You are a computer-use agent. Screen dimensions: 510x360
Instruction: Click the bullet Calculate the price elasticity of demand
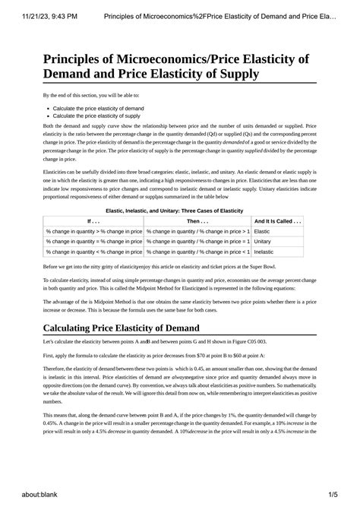click(x=98, y=109)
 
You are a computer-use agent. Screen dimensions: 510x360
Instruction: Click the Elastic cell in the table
click(x=262, y=230)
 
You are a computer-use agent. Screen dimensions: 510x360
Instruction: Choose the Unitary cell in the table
click(x=263, y=240)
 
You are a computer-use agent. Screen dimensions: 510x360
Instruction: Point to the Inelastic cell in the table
click(x=264, y=250)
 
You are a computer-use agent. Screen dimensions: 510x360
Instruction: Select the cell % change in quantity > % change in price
click(x=93, y=230)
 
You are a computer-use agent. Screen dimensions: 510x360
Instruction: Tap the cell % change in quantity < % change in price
click(x=93, y=250)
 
